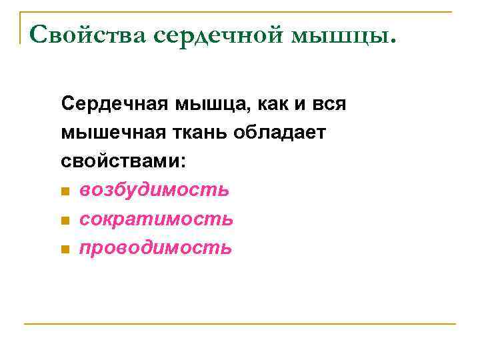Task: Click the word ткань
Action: [197, 133]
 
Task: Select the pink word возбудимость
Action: [154, 191]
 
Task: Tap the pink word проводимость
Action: [155, 248]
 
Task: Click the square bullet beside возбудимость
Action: [65, 192]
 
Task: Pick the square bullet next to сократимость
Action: [65, 221]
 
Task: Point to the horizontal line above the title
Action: [240, 11]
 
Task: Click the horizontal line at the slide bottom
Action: [240, 324]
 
